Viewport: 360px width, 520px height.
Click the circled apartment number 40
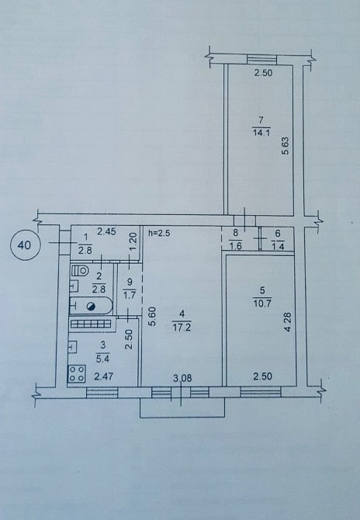26,245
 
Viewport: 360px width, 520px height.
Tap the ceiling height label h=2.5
160,233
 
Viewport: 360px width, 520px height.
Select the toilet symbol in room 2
80,271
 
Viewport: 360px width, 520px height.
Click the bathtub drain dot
91,307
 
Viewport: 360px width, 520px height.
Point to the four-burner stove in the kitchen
77,373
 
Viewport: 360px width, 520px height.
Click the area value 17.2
182,328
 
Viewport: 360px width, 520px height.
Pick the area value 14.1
261,133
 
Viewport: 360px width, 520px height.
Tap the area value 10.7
262,303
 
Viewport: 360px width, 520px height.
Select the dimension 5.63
286,146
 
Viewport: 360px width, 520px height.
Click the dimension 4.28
288,322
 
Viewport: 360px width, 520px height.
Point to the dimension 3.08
182,378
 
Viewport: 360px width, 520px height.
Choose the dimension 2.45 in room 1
106,231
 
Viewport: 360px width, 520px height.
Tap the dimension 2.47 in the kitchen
104,376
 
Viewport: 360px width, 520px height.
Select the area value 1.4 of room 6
278,246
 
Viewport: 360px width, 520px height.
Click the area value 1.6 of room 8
235,246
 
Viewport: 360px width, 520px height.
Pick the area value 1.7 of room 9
130,294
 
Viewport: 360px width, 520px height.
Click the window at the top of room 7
262,60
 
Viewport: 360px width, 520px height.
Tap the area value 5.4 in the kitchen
102,359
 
